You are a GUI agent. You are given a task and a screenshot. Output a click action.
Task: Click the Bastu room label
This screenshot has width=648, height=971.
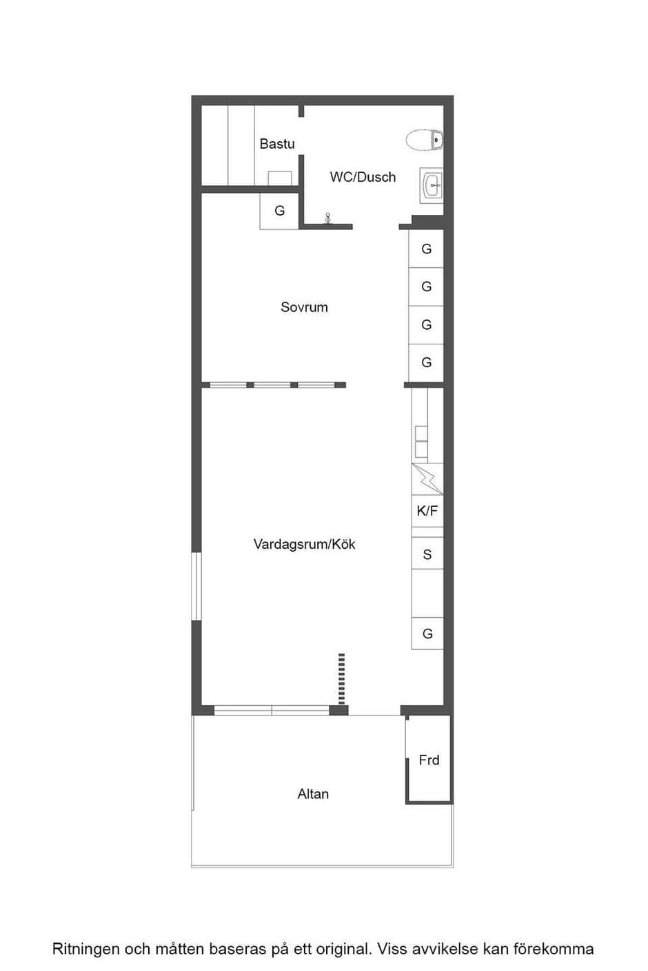[277, 143]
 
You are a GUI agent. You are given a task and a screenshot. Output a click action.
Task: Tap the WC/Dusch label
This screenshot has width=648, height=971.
[363, 177]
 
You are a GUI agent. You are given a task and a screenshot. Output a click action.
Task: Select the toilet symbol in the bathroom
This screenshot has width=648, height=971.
[425, 140]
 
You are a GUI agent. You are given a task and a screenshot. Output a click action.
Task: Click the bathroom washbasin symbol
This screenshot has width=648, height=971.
[432, 185]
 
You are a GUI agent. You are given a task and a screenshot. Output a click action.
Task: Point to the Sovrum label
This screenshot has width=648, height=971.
[304, 307]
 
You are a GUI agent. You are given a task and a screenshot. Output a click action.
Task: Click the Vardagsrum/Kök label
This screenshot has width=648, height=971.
[304, 544]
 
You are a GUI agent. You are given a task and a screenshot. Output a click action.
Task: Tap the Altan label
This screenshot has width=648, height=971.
[313, 794]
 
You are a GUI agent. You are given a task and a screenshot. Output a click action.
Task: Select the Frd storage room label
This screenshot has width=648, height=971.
[429, 760]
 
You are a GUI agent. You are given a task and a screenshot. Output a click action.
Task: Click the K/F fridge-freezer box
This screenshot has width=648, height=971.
[427, 511]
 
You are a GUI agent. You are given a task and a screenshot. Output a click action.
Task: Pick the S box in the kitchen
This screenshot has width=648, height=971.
[427, 554]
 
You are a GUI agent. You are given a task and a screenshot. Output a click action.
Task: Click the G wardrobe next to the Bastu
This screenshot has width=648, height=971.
[279, 211]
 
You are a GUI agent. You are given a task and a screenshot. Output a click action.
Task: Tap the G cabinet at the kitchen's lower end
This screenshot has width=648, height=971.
[427, 634]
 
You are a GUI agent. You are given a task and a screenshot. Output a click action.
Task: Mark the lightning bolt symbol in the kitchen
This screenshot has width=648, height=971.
[427, 479]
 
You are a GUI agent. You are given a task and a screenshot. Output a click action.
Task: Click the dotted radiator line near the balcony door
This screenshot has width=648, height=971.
[341, 679]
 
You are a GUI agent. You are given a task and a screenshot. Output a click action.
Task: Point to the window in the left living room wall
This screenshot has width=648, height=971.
[196, 586]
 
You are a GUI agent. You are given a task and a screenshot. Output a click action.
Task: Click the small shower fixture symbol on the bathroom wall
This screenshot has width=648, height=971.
[328, 218]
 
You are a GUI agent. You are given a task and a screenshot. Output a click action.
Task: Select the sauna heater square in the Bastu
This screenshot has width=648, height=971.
[279, 178]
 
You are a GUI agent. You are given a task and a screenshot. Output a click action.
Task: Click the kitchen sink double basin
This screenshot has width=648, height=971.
[421, 441]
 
